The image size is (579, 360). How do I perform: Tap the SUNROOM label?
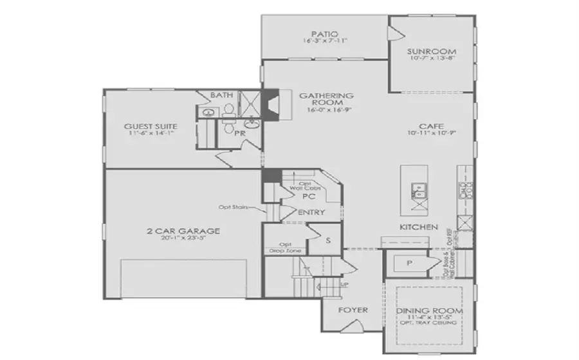click(432, 51)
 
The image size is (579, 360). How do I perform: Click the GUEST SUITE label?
click(151, 126)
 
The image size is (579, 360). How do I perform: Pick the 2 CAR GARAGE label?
click(183, 231)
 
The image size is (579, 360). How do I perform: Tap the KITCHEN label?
click(419, 228)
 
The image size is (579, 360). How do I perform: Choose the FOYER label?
click(354, 310)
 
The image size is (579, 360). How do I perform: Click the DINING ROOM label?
click(430, 310)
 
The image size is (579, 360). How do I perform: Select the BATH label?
click(221, 96)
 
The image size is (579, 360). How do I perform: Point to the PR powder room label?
click(239, 134)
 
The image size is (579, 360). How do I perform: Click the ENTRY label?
click(311, 213)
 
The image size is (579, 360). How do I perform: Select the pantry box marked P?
click(407, 264)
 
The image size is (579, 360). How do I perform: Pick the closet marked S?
click(328, 240)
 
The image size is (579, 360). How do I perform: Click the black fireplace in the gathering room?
click(273, 105)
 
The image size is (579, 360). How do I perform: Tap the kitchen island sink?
click(419, 190)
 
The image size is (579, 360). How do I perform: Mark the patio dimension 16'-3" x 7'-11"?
click(325, 41)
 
